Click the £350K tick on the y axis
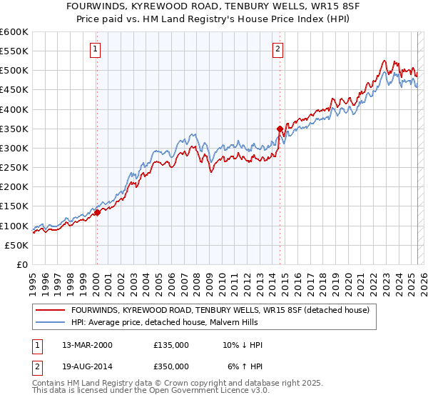pyautogui.click(x=14, y=129)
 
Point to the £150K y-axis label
pyautogui.click(x=14, y=206)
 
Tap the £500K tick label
pyautogui.click(x=14, y=71)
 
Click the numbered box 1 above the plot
pyautogui.click(x=96, y=49)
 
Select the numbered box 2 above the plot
pyautogui.click(x=277, y=49)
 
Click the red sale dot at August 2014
pyautogui.click(x=280, y=129)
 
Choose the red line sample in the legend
pyautogui.click(x=51, y=311)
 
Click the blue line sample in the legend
pyautogui.click(x=51, y=323)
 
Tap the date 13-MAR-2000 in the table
pyautogui.click(x=86, y=345)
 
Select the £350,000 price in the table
pyautogui.click(x=171, y=366)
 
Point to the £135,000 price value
pyautogui.click(x=171, y=345)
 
